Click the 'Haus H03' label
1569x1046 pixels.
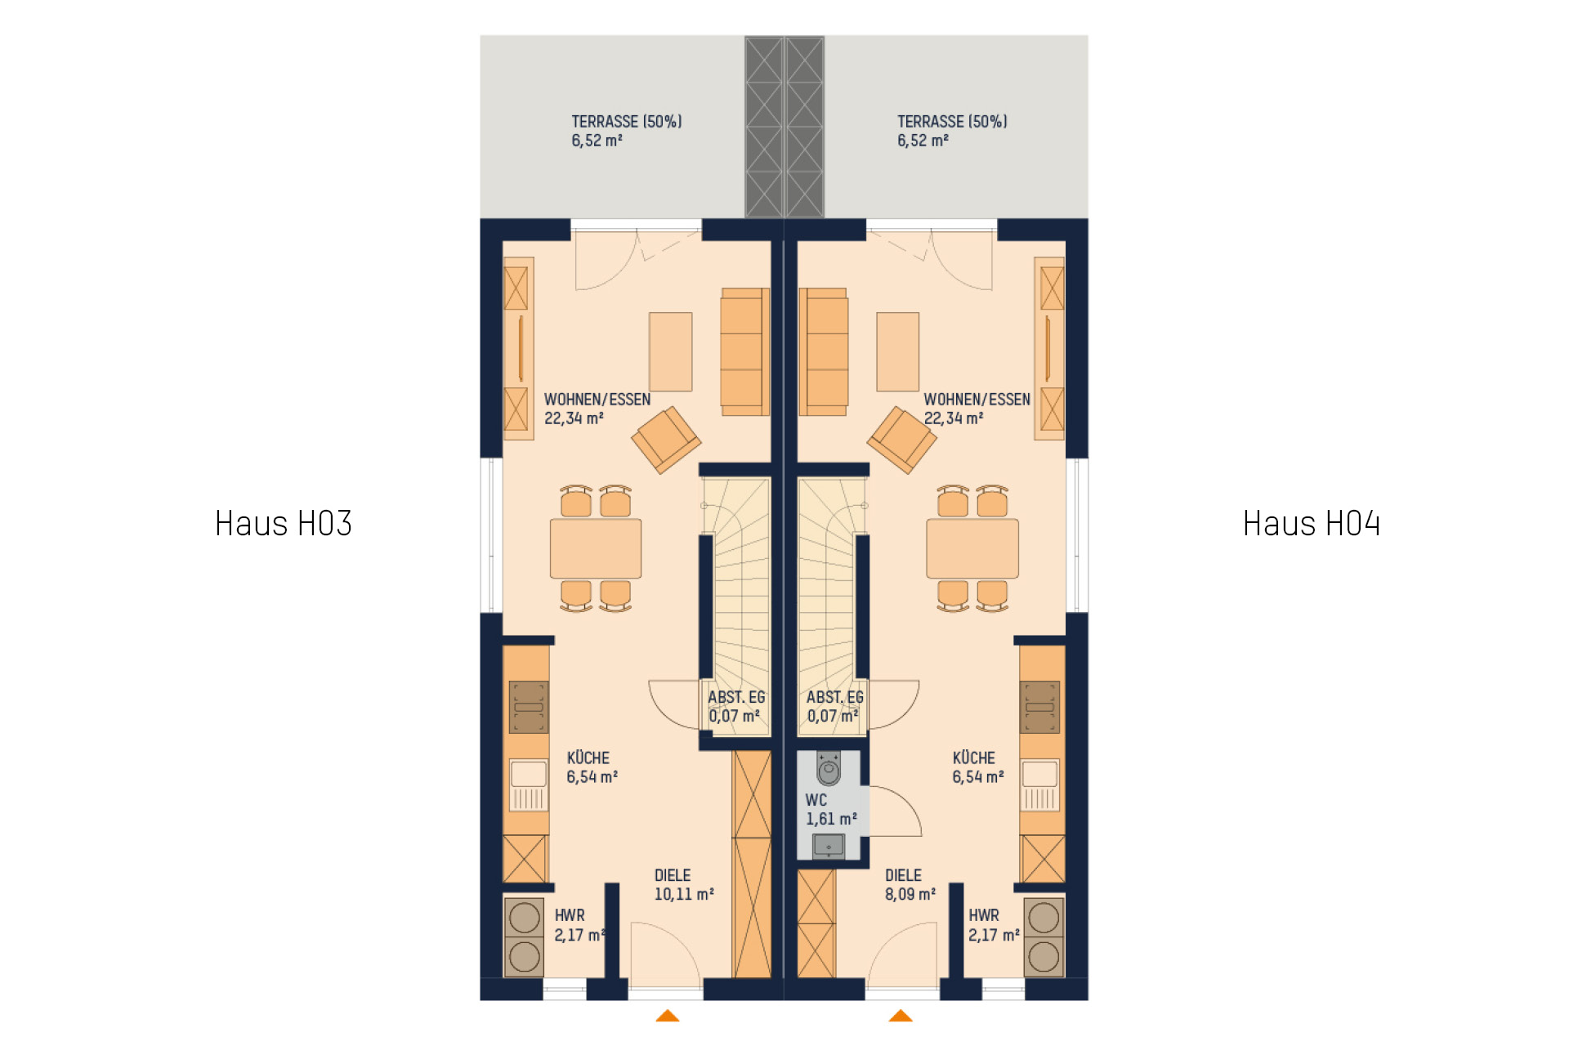[x=283, y=524]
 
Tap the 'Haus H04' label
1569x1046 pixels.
[x=1311, y=524]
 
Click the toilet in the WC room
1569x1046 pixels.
[x=828, y=768]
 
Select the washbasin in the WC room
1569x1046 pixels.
[x=829, y=846]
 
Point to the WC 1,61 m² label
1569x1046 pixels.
[x=831, y=810]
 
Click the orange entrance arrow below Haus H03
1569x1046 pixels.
[x=668, y=1016]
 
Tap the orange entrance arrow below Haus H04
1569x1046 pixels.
[x=901, y=1016]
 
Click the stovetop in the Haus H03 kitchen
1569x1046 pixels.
[x=529, y=707]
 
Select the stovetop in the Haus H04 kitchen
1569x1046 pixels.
[x=1039, y=707]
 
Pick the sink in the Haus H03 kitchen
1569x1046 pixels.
[x=529, y=785]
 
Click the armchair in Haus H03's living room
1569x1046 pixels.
[x=666, y=440]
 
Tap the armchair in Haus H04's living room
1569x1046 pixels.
[x=902, y=440]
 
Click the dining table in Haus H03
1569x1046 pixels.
[x=596, y=548]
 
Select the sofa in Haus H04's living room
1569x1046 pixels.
[x=824, y=351]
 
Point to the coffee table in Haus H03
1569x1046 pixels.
[x=671, y=351]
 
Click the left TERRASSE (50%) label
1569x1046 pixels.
[x=626, y=131]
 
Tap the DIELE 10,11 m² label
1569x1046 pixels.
[x=684, y=885]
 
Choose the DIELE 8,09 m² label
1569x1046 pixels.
[x=910, y=885]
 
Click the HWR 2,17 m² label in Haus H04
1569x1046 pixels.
[x=994, y=925]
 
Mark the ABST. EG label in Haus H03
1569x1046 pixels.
[x=736, y=697]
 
